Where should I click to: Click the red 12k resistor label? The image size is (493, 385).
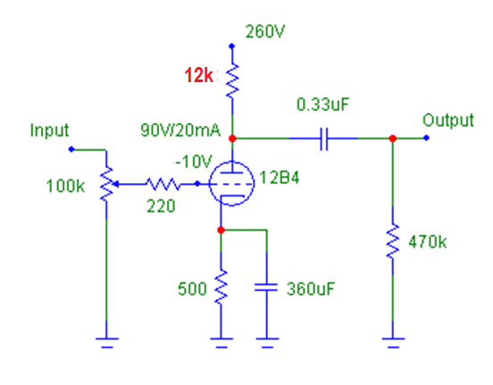tap(198, 75)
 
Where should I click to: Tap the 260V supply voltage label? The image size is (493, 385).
tap(264, 31)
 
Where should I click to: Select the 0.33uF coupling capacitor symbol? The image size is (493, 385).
tap(324, 138)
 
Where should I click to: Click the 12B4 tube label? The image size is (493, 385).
tap(280, 178)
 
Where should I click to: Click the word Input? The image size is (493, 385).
tap(49, 130)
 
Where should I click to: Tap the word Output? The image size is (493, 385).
tap(448, 121)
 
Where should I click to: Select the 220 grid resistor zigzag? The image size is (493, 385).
tap(163, 184)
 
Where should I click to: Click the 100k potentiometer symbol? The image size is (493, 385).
tap(107, 184)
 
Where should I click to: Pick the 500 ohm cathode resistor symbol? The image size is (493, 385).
tap(221, 287)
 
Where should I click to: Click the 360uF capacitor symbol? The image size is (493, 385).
tap(266, 288)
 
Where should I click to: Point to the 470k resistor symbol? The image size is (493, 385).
tap(393, 241)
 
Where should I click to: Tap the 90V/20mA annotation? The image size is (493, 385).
tap(180, 130)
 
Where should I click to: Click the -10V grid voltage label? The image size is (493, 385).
tap(194, 162)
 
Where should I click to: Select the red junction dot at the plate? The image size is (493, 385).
tap(232, 138)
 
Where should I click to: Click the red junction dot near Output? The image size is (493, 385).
tap(393, 138)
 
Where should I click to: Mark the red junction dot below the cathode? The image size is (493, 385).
tap(221, 230)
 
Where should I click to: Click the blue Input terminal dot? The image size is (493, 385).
tap(71, 149)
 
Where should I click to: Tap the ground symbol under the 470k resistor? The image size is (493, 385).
tap(393, 342)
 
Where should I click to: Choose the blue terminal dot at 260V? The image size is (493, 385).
tap(232, 46)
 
